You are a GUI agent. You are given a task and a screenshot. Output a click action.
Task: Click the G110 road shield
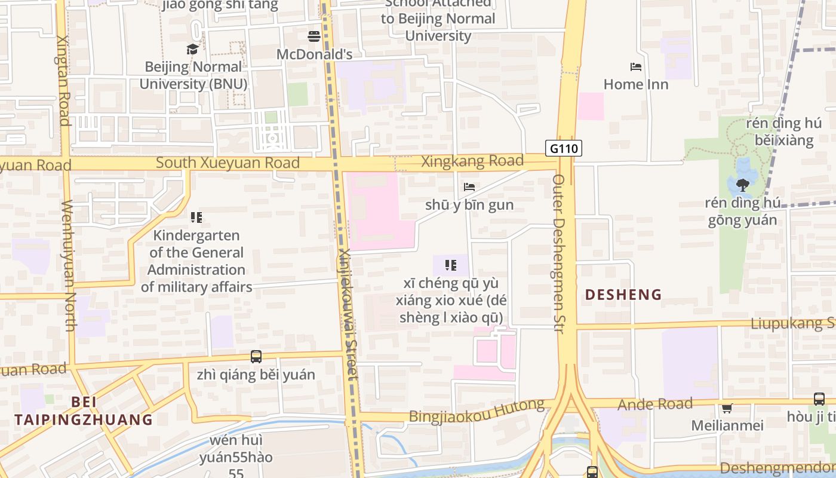563,148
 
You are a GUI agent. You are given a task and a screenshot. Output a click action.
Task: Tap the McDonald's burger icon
314,36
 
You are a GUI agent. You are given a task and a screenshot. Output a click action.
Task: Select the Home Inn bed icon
636,66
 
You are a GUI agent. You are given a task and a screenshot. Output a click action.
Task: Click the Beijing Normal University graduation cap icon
192,49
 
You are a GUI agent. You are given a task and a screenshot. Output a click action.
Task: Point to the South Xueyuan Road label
228,163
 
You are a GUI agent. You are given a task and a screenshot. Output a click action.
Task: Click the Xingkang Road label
472,161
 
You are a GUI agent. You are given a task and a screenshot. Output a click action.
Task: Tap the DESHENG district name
623,295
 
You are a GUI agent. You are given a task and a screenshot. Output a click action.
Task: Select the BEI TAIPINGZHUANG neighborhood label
84,410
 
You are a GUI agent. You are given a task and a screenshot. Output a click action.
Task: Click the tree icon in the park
743,185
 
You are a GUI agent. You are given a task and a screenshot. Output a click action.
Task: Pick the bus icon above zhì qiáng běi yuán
256,357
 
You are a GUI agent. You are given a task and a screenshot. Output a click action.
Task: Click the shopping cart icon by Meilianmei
727,408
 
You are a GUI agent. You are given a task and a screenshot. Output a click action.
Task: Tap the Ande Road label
655,405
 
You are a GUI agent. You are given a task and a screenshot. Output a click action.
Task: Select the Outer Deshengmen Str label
560,254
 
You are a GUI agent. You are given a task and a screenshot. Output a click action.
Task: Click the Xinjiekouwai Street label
348,314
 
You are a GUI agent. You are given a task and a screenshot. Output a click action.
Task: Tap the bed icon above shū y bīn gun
469,187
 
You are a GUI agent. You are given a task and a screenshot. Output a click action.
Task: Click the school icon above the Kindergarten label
196,217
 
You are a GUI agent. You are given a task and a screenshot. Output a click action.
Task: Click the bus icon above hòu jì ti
819,399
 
